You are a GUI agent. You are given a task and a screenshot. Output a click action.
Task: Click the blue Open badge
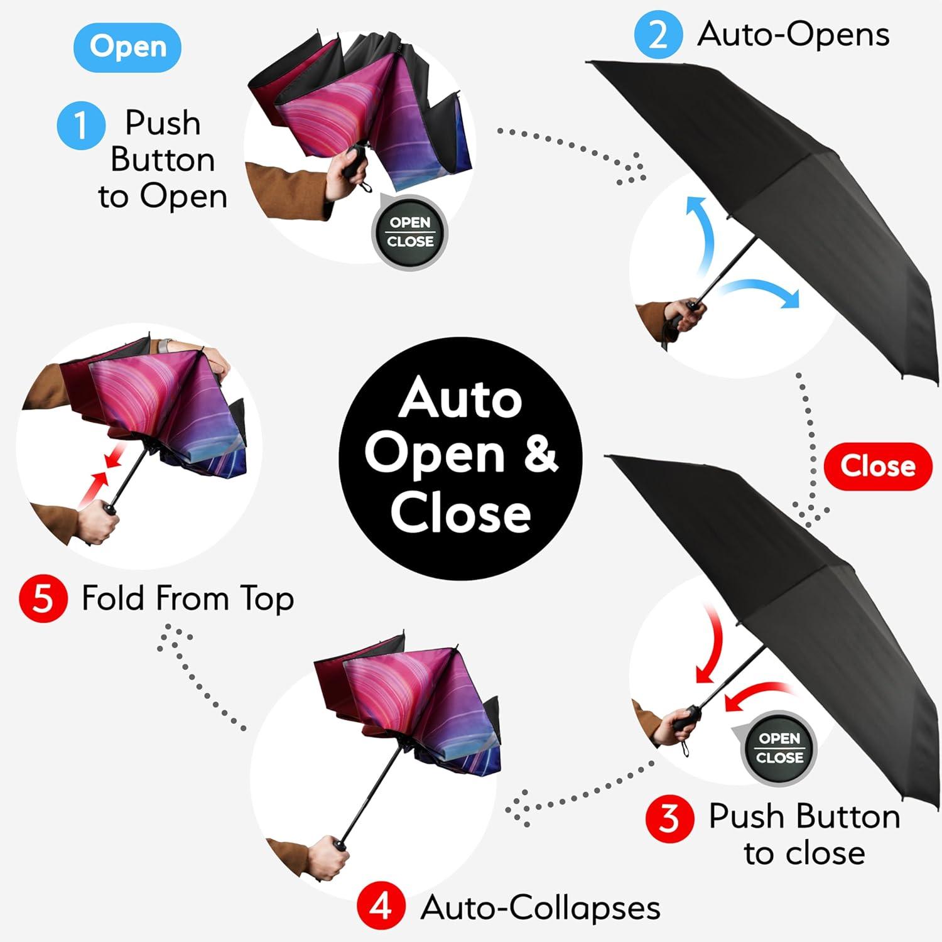[x=127, y=47]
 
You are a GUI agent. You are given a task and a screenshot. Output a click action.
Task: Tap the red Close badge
[x=877, y=466]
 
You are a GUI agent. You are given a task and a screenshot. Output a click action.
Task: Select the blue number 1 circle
[x=80, y=125]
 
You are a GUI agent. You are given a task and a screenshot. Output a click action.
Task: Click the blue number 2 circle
[x=658, y=35]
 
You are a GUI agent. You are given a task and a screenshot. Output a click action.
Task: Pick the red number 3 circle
[x=669, y=818]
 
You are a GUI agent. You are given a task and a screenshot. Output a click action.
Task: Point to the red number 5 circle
[x=43, y=598]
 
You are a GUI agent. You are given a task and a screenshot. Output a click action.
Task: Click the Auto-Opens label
[x=793, y=35]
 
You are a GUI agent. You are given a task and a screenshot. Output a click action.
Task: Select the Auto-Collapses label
[x=540, y=907]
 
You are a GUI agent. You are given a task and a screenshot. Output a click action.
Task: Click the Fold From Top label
[x=188, y=598]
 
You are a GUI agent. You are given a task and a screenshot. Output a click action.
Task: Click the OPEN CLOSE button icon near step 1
[x=410, y=232]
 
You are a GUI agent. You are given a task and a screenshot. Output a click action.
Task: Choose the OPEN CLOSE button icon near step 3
[x=779, y=748]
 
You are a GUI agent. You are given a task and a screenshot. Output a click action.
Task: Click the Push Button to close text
[x=804, y=835]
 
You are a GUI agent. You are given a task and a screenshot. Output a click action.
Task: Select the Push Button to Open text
[x=162, y=160]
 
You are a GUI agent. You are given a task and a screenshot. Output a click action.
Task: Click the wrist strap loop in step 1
[x=366, y=186]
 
